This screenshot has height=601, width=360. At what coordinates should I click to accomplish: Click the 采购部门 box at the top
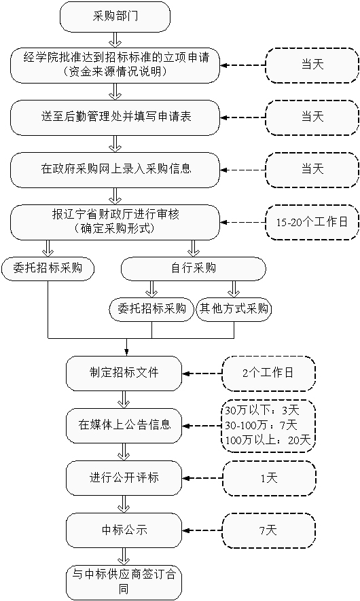click(x=115, y=16)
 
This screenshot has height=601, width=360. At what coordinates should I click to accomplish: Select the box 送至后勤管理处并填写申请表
click(x=115, y=117)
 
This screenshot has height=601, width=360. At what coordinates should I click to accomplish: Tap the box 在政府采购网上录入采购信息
click(x=115, y=170)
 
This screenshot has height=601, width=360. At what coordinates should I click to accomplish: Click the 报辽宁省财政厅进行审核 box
click(x=115, y=222)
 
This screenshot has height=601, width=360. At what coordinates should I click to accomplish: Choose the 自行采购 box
click(x=193, y=269)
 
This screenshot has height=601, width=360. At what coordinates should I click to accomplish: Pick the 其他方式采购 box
click(x=234, y=309)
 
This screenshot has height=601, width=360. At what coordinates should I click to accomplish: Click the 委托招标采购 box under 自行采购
click(x=152, y=309)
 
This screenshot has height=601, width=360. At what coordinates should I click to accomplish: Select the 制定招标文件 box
click(x=124, y=374)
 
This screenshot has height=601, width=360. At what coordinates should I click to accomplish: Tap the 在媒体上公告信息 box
click(x=124, y=425)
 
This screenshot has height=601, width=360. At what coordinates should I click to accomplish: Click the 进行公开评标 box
click(x=124, y=478)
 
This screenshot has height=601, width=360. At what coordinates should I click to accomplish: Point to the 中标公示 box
click(x=124, y=530)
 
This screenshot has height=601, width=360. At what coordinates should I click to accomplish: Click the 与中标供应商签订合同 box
click(x=124, y=583)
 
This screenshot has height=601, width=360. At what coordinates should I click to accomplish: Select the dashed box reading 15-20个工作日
click(x=312, y=222)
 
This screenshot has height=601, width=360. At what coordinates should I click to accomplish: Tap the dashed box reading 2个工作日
click(x=269, y=374)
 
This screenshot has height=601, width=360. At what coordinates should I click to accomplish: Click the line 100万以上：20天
click(x=268, y=440)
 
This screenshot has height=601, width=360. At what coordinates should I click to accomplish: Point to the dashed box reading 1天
click(x=269, y=478)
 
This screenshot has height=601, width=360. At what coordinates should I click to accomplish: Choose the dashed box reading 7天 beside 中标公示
click(x=269, y=530)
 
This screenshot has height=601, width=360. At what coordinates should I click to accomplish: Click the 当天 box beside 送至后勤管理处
click(x=312, y=117)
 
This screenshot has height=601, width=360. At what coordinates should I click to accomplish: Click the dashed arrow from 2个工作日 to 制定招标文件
click(x=202, y=374)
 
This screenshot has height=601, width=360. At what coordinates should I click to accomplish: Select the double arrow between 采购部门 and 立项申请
click(x=115, y=40)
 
